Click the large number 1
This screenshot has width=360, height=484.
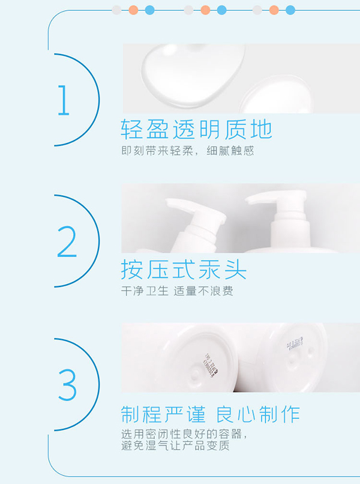(64, 100)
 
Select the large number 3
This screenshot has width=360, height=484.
(67, 385)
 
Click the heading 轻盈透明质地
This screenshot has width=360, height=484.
(196, 129)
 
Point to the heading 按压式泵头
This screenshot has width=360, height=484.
(184, 270)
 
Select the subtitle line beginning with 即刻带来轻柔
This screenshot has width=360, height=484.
(187, 151)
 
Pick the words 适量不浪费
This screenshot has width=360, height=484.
(203, 291)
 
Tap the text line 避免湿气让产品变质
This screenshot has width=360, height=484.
(175, 446)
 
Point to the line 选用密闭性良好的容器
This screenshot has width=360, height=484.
(183, 434)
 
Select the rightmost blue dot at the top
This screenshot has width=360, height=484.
(290, 10)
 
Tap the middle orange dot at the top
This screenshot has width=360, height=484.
(205, 10)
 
